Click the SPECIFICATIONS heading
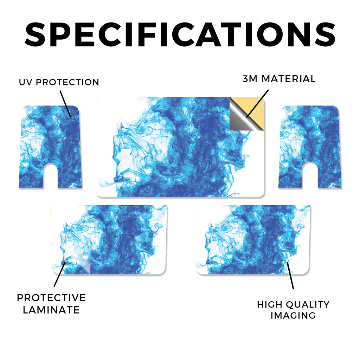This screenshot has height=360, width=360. (x=180, y=34)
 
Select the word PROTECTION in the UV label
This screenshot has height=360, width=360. (x=67, y=82)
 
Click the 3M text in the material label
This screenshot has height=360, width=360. (x=250, y=79)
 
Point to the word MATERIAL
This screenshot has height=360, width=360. (x=289, y=79)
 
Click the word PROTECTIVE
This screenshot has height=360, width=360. (x=51, y=298)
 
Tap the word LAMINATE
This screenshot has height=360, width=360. (x=51, y=310)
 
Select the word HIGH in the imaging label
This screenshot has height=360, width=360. (x=270, y=305)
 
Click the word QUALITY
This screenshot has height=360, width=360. (x=308, y=305)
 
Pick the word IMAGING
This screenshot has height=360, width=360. (x=293, y=315)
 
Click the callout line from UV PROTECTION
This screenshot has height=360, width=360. (x=65, y=104)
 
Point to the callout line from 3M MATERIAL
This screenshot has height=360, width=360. (x=257, y=104)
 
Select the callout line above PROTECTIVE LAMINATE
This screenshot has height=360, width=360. (x=60, y=274)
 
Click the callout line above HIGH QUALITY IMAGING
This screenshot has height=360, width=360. (x=290, y=275)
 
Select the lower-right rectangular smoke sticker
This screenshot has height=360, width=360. (x=252, y=240)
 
